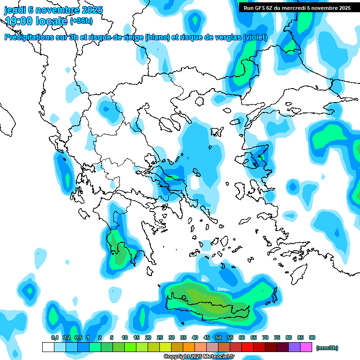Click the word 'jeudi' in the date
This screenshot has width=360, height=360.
tap(15, 10)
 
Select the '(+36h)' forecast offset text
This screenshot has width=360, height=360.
tap(81, 21)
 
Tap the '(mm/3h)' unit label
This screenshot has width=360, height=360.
tap(327, 348)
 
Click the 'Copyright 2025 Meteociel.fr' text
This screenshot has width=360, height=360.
tap(198, 357)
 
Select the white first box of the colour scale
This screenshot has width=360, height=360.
tap(48, 347)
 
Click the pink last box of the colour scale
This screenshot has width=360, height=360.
tap(306, 347)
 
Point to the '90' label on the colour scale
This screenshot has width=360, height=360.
tap(312, 337)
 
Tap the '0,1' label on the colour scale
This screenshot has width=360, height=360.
tap(55, 337)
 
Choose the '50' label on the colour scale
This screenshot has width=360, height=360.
tap(218, 337)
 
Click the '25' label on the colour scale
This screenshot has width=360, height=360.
tap(160, 337)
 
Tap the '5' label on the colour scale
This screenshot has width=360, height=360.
tap(112, 337)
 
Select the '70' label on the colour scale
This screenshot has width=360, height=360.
tap(265, 337)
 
